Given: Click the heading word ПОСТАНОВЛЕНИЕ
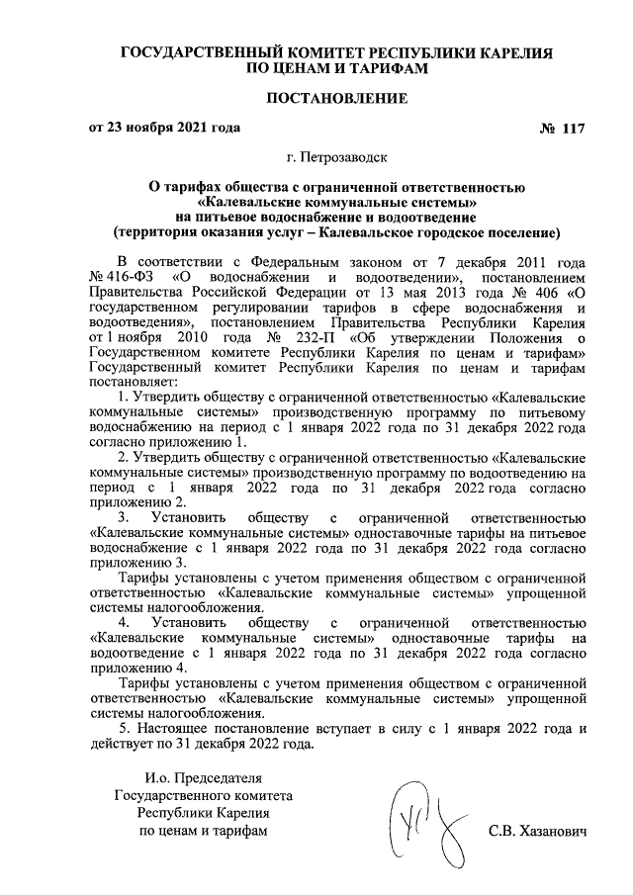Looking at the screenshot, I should coord(336,99).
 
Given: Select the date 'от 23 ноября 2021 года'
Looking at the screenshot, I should coord(164,129).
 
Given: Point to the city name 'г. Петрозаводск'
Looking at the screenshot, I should coord(337,157).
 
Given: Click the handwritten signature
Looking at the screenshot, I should coord(425,823).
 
